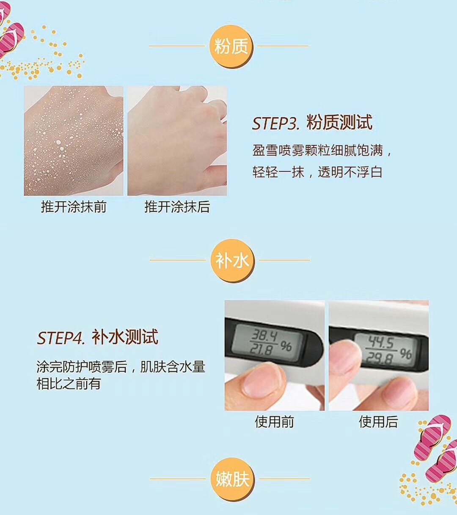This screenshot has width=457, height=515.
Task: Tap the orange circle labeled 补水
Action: coord(232,260)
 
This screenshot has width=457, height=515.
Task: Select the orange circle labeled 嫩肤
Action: coord(232,479)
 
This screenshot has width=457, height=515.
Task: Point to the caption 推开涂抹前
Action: coord(74,207)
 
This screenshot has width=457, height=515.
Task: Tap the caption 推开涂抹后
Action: coord(177,207)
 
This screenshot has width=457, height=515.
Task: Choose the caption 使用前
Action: coord(274,422)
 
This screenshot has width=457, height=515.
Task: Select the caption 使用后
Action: coord(378,422)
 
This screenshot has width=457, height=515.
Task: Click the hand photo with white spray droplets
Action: coord(74,140)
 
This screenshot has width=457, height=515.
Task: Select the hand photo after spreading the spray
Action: coord(177,140)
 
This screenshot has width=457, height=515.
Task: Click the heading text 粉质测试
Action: coord(339,123)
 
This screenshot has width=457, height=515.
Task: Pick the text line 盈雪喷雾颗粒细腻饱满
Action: coord(318,151)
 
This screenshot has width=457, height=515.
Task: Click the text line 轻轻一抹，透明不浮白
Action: coord(317,172)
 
